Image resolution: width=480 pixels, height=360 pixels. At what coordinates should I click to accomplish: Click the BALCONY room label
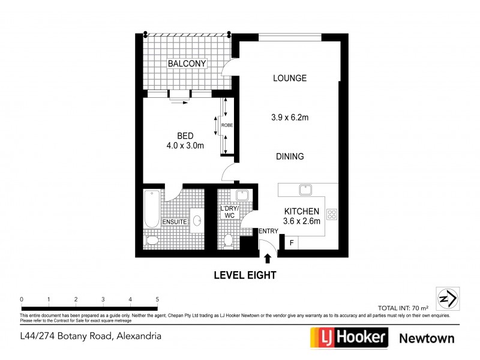click(x=187, y=64)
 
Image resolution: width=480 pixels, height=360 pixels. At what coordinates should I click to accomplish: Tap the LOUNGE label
click(x=289, y=78)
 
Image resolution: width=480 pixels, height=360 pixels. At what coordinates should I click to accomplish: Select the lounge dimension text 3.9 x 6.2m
click(x=289, y=118)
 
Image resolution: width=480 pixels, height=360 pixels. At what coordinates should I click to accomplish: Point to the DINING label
click(x=289, y=156)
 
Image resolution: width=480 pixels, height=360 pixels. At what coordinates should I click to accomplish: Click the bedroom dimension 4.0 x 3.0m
click(x=185, y=145)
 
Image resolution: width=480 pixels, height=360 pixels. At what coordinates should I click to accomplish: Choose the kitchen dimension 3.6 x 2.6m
click(x=302, y=221)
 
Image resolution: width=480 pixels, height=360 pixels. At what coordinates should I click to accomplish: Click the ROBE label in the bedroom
click(x=227, y=125)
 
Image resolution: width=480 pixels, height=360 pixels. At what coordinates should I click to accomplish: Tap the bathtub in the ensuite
click(x=152, y=209)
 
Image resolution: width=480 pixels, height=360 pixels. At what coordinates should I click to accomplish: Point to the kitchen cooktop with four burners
click(x=331, y=213)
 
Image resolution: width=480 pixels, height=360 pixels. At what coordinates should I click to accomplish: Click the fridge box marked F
click(x=292, y=243)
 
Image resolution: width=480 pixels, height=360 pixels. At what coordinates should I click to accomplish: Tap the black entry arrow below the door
click(x=267, y=258)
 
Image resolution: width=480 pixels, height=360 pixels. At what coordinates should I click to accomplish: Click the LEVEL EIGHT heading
click(x=245, y=275)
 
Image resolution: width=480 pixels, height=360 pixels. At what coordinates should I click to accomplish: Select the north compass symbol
click(x=448, y=297)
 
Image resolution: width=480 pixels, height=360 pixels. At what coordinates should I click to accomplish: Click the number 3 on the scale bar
click(x=103, y=299)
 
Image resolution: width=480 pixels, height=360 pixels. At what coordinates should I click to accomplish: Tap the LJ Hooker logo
click(x=348, y=338)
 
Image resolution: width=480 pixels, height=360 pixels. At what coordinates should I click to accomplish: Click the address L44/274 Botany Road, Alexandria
click(x=91, y=337)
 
